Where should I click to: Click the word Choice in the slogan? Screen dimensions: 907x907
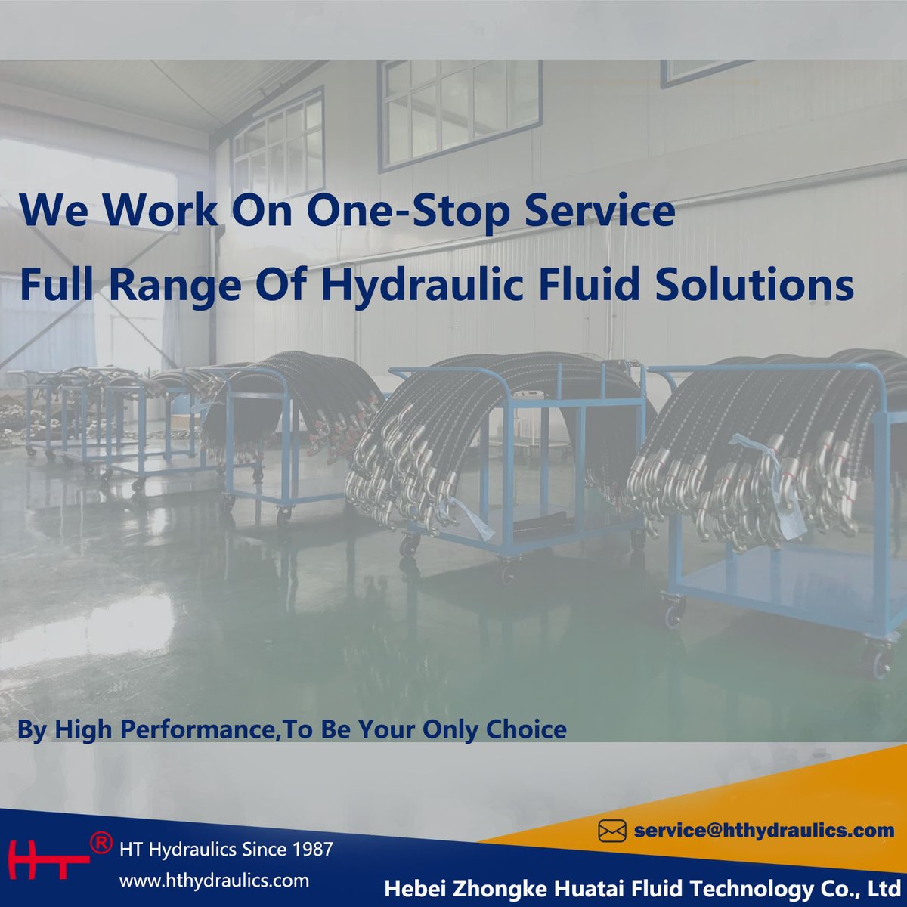[527, 729]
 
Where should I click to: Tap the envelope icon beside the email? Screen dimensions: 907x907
[612, 831]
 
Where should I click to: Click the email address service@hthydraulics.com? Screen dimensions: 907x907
[764, 831]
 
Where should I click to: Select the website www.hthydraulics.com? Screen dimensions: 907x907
[215, 881]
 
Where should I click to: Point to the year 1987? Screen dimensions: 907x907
[312, 850]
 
